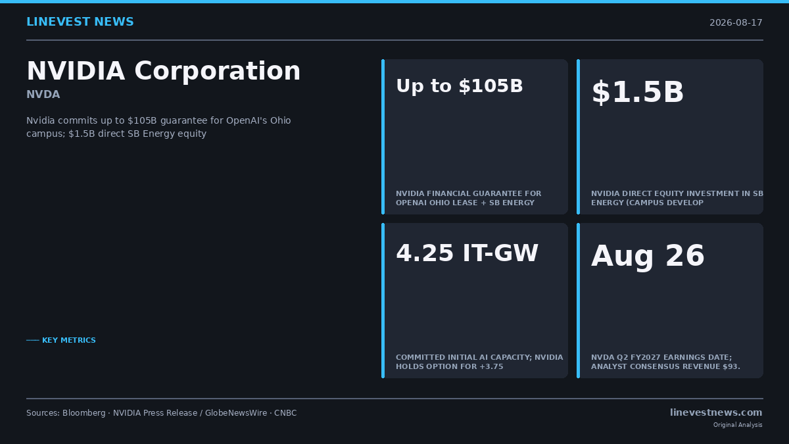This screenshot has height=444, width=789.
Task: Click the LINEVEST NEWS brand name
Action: click(x=80, y=22)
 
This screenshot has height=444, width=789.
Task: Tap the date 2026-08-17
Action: click(x=736, y=22)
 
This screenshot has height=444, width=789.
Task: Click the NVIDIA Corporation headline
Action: click(x=164, y=71)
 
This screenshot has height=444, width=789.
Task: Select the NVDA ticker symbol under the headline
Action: click(x=43, y=95)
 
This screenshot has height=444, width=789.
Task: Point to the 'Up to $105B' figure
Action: click(x=460, y=86)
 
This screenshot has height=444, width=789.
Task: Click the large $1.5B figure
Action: click(x=638, y=92)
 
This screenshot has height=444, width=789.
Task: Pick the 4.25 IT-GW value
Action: click(x=467, y=253)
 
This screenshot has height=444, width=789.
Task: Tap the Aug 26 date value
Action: click(x=648, y=256)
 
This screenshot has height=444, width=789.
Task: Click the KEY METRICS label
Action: click(x=68, y=340)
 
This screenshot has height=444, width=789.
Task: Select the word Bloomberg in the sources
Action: click(x=84, y=413)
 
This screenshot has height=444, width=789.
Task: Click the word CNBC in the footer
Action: click(x=285, y=412)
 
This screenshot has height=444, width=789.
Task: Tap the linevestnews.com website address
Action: click(x=716, y=412)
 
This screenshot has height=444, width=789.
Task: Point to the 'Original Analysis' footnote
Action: click(x=738, y=425)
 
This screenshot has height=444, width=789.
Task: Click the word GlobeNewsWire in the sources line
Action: click(x=236, y=412)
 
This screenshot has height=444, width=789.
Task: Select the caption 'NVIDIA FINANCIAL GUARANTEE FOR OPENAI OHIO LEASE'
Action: click(x=468, y=198)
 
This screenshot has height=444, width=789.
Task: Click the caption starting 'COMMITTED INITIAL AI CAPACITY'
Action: click(x=479, y=362)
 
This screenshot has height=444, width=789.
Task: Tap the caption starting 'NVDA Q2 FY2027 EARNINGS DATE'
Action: click(x=665, y=362)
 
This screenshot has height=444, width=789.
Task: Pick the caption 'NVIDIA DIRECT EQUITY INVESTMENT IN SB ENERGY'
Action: click(x=677, y=198)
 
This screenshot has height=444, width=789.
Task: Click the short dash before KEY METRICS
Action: click(x=33, y=340)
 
